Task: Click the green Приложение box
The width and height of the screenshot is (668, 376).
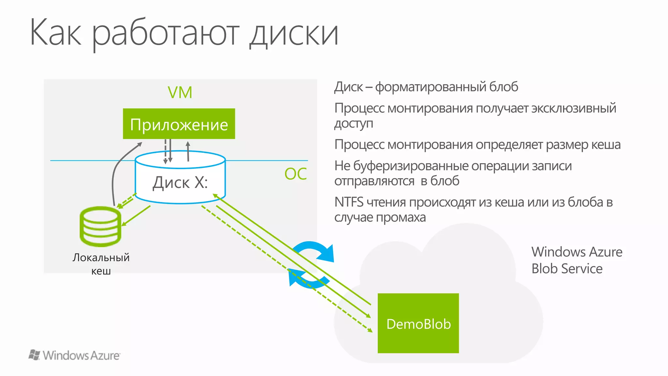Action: [179, 124]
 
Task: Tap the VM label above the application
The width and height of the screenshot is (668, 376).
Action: [180, 92]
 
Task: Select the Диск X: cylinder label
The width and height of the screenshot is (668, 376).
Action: [180, 182]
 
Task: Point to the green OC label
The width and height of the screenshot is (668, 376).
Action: [296, 174]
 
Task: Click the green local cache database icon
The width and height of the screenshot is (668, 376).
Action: [100, 226]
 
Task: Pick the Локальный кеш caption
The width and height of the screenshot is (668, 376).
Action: [101, 264]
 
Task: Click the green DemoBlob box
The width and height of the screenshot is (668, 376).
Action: [418, 323]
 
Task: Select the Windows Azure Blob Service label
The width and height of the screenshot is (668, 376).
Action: [577, 260]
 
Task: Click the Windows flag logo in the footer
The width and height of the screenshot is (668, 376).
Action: [34, 355]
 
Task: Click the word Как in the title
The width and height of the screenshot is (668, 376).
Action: [55, 33]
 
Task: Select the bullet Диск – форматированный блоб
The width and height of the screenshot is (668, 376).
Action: [426, 87]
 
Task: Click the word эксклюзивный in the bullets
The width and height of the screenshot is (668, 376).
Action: [574, 108]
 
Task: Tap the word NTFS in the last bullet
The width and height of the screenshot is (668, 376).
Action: [349, 202]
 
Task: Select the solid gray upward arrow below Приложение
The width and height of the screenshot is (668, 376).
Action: [188, 151]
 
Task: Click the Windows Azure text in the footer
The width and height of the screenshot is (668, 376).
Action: [81, 355]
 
